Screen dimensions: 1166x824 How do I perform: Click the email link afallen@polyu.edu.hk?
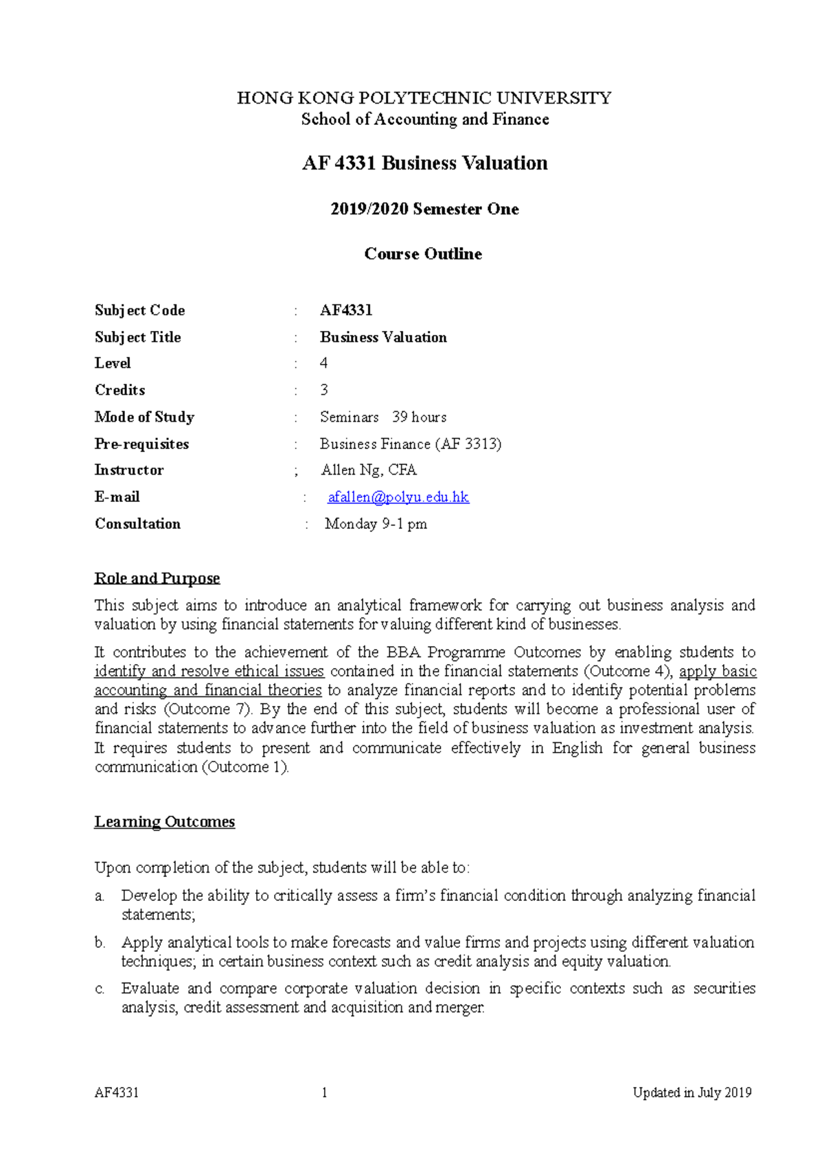click(398, 497)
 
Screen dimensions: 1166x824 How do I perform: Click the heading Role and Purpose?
click(157, 578)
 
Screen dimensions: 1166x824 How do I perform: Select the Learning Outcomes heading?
click(165, 822)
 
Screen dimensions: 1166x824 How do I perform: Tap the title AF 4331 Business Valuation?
click(425, 163)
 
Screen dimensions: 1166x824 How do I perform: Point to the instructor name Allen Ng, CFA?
click(369, 470)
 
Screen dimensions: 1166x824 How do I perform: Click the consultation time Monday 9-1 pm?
click(376, 524)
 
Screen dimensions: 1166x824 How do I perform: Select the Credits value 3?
click(324, 390)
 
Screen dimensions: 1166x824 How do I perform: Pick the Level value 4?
click(324, 363)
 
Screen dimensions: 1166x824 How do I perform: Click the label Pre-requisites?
click(141, 444)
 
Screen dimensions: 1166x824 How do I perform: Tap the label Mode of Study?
click(144, 418)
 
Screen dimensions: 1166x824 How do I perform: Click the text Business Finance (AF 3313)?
click(411, 444)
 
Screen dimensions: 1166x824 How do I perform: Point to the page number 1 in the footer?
click(324, 1093)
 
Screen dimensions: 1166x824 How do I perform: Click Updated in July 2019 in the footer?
click(692, 1093)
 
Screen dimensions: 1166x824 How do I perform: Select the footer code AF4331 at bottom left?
click(117, 1093)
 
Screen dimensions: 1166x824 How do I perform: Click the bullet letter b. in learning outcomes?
click(100, 943)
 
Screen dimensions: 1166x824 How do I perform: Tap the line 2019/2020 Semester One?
click(424, 209)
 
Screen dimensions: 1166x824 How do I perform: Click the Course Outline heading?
click(423, 254)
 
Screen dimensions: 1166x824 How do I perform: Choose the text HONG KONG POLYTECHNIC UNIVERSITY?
click(424, 98)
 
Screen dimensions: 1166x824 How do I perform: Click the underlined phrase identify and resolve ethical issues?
click(209, 672)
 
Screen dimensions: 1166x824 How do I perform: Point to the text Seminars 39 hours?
click(383, 418)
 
